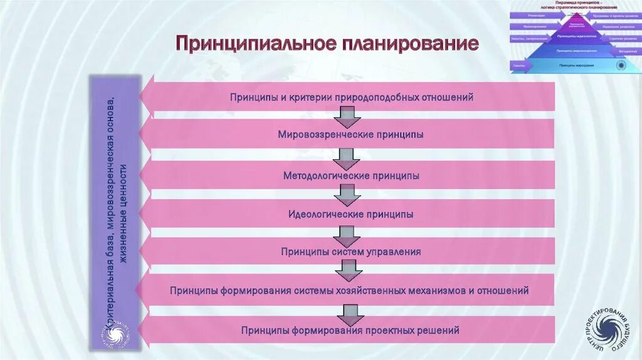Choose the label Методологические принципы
click(351, 176)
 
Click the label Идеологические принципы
click(351, 214)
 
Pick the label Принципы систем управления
click(351, 252)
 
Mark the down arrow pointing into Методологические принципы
click(347, 157)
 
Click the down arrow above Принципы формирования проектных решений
click(349, 313)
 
